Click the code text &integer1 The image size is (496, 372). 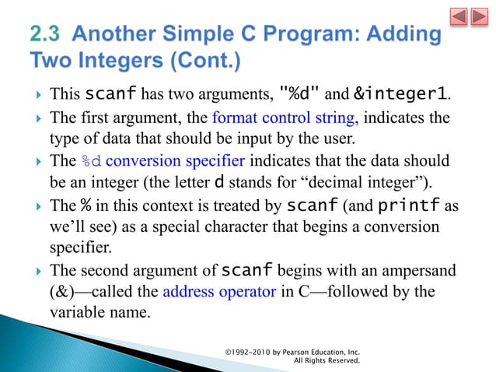(x=401, y=95)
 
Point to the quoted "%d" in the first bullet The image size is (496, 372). (x=300, y=95)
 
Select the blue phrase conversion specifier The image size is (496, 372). (x=175, y=161)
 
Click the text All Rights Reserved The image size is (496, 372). (x=327, y=361)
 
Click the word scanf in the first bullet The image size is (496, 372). (x=111, y=95)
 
